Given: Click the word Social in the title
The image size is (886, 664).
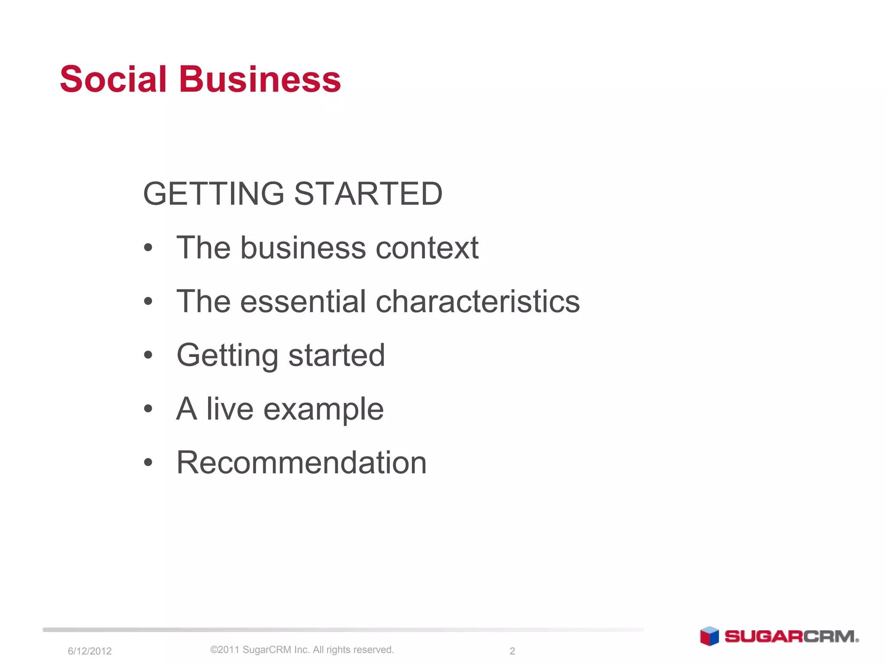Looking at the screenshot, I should [113, 79].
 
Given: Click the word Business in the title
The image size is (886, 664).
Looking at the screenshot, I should [260, 79].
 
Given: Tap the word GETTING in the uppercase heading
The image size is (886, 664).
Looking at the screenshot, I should [213, 194].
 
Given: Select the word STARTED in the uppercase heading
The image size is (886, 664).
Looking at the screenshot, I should [368, 194].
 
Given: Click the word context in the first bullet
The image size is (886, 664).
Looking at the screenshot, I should [427, 248].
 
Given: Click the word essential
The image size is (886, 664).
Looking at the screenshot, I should [303, 301].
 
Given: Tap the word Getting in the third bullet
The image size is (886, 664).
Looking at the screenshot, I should [227, 356].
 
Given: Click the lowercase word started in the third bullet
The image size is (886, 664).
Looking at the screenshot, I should [337, 355].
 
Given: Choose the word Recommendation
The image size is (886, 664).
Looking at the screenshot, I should [302, 463].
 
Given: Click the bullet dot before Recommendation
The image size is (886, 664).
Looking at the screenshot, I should [148, 463].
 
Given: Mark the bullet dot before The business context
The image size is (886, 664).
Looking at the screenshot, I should [148, 248].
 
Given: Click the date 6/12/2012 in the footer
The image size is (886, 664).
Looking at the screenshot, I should [90, 651].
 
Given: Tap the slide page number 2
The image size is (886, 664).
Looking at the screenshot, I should [512, 651].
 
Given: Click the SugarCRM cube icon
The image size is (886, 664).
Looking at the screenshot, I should [709, 636].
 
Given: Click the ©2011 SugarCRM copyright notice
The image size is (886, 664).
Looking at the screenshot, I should [302, 650].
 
